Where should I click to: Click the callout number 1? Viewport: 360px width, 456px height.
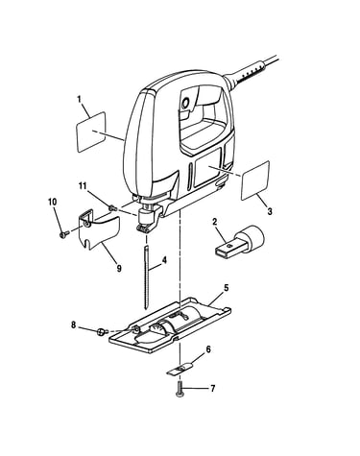point(80,100)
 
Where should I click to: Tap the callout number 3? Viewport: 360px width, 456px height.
point(270,211)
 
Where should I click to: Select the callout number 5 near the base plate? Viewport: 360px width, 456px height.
point(226,288)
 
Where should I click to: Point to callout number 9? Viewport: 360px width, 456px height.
point(119,268)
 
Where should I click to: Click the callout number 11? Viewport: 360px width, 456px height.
point(83,186)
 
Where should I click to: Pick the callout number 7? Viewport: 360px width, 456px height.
point(212,389)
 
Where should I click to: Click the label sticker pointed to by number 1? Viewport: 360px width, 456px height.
point(91,132)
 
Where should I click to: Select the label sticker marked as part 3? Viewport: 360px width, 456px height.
point(255,180)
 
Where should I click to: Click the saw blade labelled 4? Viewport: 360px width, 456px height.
point(147,277)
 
